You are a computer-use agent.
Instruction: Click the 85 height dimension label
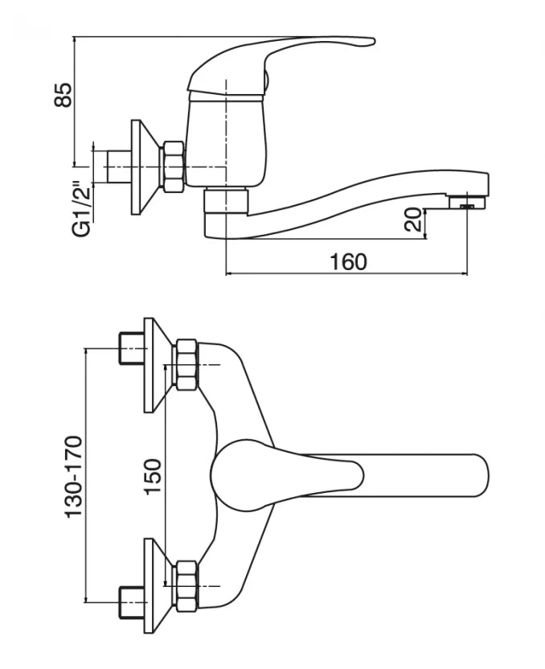point(64,95)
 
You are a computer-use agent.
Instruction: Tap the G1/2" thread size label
point(82,210)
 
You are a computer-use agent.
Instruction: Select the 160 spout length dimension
point(348,261)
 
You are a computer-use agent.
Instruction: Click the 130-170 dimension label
point(73,477)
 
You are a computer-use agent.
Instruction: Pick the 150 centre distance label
point(153,477)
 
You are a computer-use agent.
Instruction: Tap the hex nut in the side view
point(172,166)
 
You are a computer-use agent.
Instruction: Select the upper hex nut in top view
point(186,364)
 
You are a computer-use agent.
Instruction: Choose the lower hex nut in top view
point(186,586)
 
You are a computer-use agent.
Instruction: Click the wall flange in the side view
point(145,166)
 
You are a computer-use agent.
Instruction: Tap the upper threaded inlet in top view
point(131,348)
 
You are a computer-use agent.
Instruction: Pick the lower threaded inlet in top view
point(131,602)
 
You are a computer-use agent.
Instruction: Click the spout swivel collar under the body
point(226,200)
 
